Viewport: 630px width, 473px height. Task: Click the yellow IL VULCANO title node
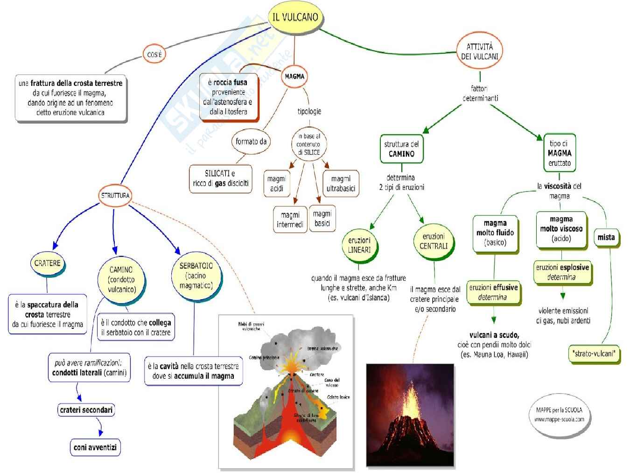coord(295,17)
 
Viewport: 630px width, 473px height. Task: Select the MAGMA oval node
coord(294,76)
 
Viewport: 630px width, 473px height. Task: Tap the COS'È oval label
coord(154,55)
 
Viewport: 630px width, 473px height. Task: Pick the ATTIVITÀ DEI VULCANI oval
coord(479,51)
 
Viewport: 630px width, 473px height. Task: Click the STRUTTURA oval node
coord(115,195)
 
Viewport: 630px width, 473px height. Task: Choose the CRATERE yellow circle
coord(48,263)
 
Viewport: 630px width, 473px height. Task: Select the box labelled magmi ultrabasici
coord(341,184)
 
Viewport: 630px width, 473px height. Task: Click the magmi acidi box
coord(277,184)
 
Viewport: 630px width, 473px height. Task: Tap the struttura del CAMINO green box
coord(401,149)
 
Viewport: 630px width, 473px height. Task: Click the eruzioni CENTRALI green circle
coord(434,241)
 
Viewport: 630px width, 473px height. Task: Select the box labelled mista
coord(606,237)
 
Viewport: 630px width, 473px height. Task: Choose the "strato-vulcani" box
coord(594,353)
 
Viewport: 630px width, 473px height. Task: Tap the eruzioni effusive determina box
coord(493,292)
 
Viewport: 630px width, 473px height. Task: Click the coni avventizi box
coord(95,447)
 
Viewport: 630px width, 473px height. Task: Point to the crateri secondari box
coord(86,410)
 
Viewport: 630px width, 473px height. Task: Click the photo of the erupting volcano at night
coord(410,415)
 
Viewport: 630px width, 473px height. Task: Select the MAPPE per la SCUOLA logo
coord(559,415)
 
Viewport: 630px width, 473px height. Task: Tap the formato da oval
coord(251,141)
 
